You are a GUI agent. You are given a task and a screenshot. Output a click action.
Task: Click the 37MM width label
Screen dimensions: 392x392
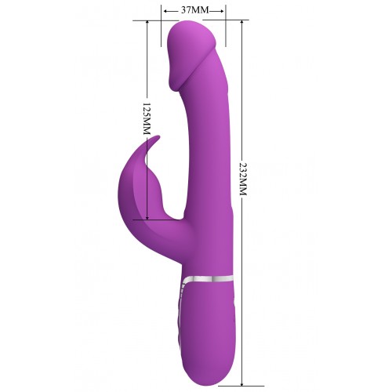195,10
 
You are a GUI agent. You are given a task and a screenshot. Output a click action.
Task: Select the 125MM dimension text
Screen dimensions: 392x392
147,118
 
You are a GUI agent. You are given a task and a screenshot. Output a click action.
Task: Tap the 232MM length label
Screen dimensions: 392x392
243,180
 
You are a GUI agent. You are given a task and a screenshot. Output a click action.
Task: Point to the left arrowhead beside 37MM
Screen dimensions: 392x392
166,11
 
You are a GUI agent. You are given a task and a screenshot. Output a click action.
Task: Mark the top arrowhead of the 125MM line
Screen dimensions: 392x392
147,23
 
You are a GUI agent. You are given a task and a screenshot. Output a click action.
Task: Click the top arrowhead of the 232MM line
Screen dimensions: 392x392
242,23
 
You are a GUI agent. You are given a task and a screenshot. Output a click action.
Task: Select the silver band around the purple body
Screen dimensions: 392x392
208,279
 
